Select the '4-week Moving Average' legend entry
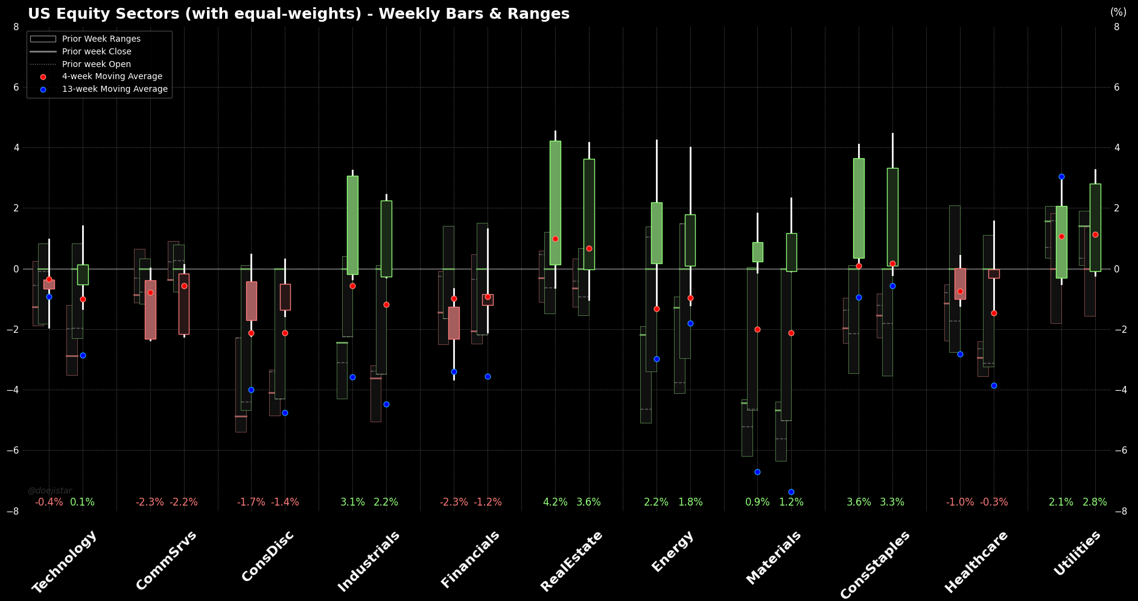112,77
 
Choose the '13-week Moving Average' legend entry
115,89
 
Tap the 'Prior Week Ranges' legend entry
101,39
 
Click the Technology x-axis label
65,561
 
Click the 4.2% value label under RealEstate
555,503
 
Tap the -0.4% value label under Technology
49,503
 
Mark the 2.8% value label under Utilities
1095,503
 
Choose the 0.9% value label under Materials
757,503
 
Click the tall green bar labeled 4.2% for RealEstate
555,203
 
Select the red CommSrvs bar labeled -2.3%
150,309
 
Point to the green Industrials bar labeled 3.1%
352,225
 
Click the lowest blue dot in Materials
791,492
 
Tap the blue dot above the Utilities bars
1061,177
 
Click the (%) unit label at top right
1118,12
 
